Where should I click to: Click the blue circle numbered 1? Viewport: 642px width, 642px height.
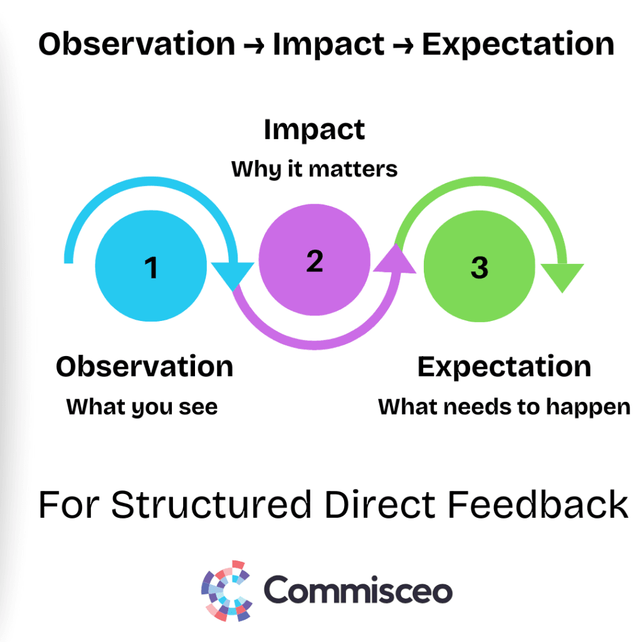tap(150, 266)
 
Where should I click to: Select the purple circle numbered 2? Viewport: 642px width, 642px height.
tap(315, 260)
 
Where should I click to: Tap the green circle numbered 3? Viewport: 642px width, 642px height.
tap(479, 266)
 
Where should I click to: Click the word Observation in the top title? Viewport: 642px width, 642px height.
tap(137, 44)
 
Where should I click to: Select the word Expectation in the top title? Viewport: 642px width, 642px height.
tap(518, 45)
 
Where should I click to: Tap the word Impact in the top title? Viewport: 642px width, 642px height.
tap(329, 45)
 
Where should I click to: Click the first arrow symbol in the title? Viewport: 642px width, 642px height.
tap(254, 46)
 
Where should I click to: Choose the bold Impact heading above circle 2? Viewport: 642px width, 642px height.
tap(314, 130)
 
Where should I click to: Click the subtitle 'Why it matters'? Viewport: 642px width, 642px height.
tap(314, 169)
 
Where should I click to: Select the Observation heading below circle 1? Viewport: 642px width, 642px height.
tap(145, 366)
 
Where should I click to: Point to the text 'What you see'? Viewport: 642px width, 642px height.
tap(142, 407)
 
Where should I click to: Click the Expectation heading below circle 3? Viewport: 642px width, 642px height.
tap(504, 367)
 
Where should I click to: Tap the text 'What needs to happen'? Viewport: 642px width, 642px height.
tap(504, 408)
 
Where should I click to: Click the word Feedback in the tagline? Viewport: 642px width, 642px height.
tap(537, 505)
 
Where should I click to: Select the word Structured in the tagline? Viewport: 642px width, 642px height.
tap(211, 505)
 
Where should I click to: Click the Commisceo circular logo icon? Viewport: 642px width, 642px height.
tap(226, 591)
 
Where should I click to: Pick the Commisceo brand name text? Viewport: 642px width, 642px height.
tap(358, 589)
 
